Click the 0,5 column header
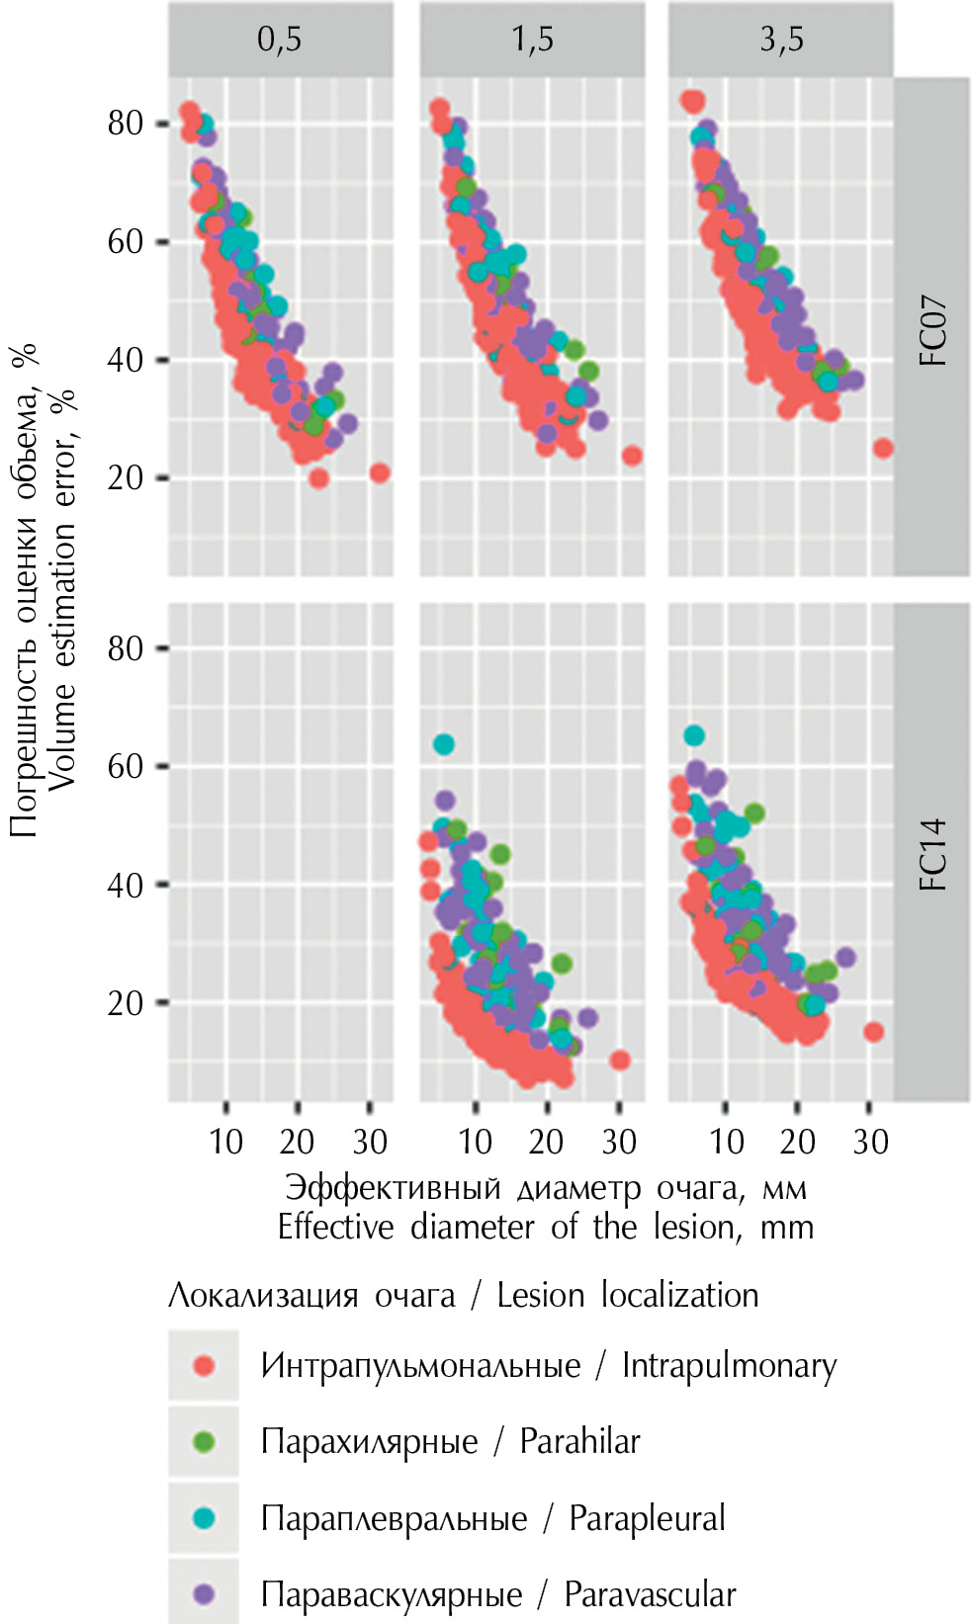[x=280, y=40]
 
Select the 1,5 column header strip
[x=532, y=40]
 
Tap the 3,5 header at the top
[x=781, y=40]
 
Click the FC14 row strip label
[x=932, y=854]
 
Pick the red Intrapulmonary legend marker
[x=204, y=1365]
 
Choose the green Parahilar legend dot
[x=204, y=1441]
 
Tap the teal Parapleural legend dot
[x=204, y=1517]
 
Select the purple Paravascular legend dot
[x=204, y=1593]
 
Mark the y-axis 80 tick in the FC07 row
[x=126, y=124]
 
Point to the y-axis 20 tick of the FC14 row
[x=126, y=1003]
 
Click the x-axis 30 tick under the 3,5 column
[x=870, y=1142]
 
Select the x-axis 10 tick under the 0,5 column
[x=226, y=1142]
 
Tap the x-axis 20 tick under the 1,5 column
[x=547, y=1142]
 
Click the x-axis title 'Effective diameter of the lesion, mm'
[x=545, y=1227]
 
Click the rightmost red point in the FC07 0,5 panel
[x=379, y=473]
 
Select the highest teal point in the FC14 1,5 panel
[x=444, y=744]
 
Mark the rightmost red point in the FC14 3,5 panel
[x=873, y=1032]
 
